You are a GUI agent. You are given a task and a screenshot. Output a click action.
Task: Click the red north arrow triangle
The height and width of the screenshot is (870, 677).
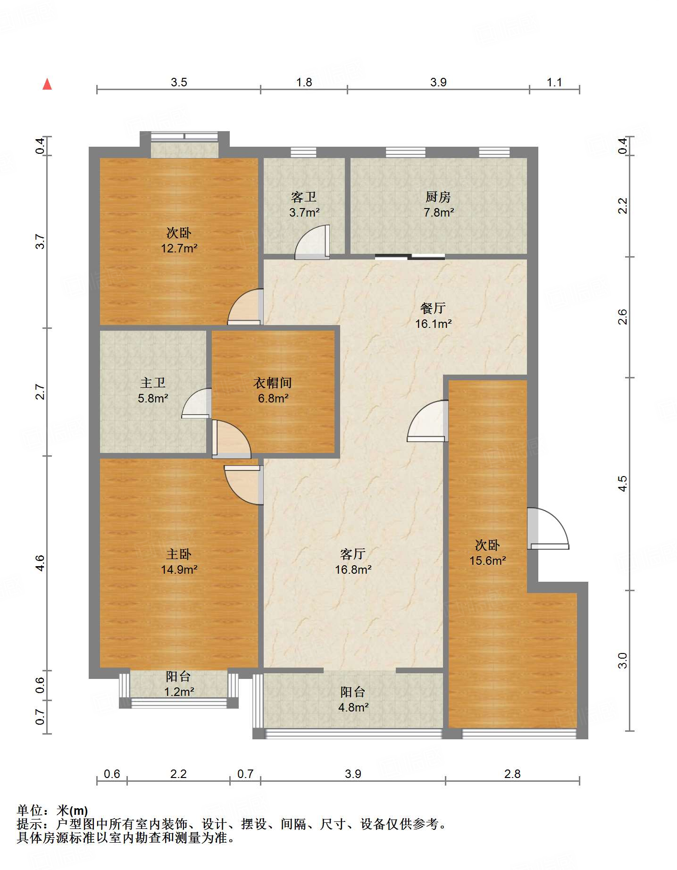pyautogui.click(x=47, y=84)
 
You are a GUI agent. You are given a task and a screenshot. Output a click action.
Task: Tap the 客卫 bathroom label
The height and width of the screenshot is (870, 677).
pyautogui.click(x=304, y=197)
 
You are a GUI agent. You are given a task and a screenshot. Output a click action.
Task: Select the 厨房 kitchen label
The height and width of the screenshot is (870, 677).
pyautogui.click(x=438, y=197)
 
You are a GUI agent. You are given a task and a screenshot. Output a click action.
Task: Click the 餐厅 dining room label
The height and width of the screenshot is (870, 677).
pyautogui.click(x=433, y=308)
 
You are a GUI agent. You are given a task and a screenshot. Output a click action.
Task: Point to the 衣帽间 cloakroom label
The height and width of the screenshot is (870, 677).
pyautogui.click(x=273, y=383)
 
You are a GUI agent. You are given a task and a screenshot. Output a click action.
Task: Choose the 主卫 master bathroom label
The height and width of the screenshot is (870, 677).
pyautogui.click(x=153, y=383)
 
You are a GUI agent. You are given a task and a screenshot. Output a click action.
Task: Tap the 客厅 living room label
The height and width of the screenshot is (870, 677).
pyautogui.click(x=353, y=554)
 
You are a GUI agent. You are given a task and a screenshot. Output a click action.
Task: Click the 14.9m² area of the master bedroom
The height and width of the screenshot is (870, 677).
pyautogui.click(x=179, y=569)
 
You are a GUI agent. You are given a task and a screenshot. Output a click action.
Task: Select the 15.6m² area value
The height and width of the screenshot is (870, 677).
pyautogui.click(x=487, y=560)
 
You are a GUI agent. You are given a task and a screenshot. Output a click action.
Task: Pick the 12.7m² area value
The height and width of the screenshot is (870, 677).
pyautogui.click(x=179, y=248)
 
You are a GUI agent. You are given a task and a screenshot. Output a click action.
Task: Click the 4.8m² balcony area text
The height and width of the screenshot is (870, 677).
pyautogui.click(x=353, y=707)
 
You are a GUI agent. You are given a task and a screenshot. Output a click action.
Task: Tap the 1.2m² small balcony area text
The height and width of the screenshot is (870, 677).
pyautogui.click(x=179, y=692)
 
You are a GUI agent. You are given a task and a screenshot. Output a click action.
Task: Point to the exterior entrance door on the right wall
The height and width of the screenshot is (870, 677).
pyautogui.click(x=548, y=528)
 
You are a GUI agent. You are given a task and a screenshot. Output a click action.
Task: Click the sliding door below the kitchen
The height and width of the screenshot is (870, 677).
pyautogui.click(x=410, y=257)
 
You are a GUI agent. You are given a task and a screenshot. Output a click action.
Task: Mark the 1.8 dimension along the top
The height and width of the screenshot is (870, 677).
pyautogui.click(x=304, y=82)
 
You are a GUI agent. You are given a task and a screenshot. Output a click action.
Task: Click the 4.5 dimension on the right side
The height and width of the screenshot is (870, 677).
pyautogui.click(x=623, y=484)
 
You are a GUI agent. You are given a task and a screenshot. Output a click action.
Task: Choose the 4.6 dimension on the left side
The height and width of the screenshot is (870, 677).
pyautogui.click(x=40, y=563)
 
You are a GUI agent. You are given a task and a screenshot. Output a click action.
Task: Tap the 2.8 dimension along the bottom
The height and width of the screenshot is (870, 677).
pyautogui.click(x=512, y=774)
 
